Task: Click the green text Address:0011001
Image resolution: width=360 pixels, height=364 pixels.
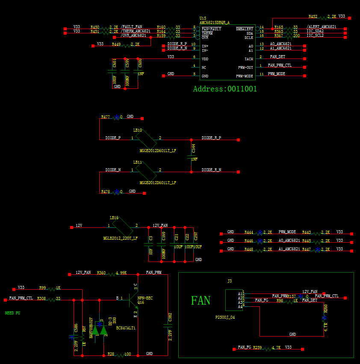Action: (225, 89)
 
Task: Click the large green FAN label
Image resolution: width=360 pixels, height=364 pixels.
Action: (201, 300)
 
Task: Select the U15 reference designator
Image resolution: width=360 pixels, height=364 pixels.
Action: (203, 18)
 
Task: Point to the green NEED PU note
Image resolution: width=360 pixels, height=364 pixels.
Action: (12, 313)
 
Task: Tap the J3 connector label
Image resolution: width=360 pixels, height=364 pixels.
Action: (229, 281)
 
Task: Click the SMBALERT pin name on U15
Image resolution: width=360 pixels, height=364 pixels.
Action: (245, 29)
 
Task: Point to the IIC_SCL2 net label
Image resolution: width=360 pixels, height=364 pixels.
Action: (315, 36)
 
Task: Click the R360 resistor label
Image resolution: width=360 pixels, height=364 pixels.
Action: (101, 272)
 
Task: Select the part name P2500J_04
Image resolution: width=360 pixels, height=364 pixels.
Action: (225, 317)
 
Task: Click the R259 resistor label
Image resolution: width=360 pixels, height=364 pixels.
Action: (257, 347)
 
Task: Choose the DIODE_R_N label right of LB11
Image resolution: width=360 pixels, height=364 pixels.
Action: (212, 170)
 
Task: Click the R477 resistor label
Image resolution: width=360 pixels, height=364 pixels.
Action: (105, 117)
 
